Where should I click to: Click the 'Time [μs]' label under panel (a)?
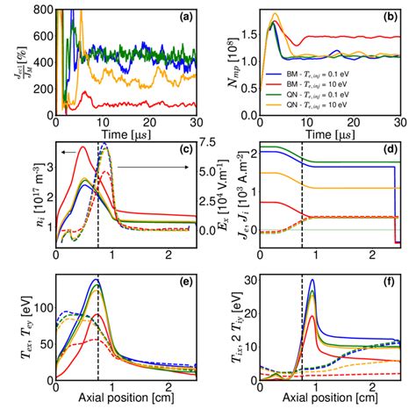tap(123, 133)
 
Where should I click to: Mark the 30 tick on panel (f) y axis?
tap(248, 278)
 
